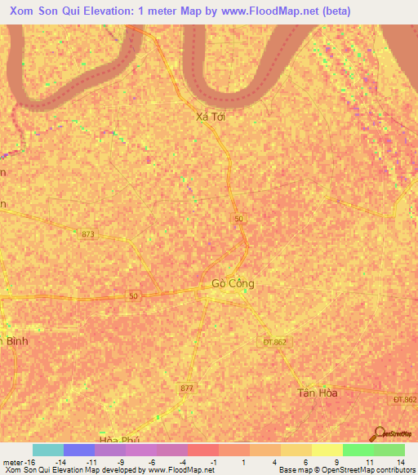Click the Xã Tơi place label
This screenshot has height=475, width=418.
(210, 117)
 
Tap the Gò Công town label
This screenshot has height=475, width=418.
(233, 284)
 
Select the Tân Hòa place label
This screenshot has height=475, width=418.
(317, 393)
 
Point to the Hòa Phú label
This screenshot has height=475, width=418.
(114, 440)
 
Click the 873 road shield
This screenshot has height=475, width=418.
(88, 234)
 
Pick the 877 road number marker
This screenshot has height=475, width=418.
(187, 388)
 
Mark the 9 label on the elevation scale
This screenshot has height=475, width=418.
(336, 461)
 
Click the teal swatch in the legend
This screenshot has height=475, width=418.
(47, 450)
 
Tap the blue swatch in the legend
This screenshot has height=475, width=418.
(78, 450)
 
